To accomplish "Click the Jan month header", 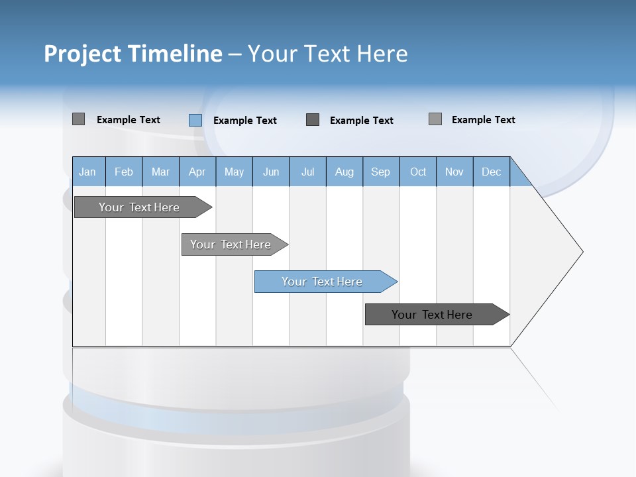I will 87,172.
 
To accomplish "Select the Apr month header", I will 197,172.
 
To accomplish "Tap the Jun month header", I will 271,172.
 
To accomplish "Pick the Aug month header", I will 344,172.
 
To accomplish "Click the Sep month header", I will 380,172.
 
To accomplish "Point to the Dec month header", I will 491,172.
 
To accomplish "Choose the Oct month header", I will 418,172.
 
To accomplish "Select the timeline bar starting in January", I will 140,207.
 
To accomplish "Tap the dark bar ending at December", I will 433,315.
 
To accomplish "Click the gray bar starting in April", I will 231,244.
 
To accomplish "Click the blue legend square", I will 195,120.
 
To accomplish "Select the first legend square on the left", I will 78,119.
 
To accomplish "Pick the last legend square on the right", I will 435,119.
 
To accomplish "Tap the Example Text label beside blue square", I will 244,121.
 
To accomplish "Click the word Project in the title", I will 82,54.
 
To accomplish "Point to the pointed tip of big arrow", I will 581,252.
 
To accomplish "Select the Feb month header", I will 124,172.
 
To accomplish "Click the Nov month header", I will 454,172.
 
